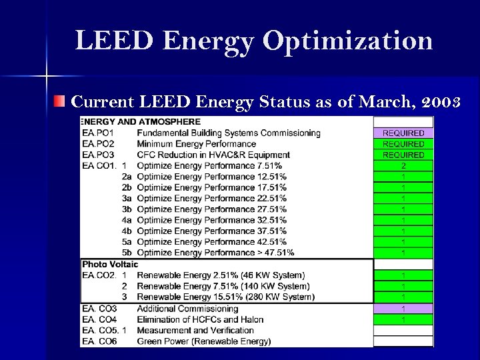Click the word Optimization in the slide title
(x=347, y=41)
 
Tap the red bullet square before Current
(x=61, y=102)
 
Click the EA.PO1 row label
(x=98, y=133)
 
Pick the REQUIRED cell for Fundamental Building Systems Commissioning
(x=403, y=133)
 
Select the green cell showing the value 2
(x=403, y=165)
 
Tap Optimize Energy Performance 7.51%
(x=209, y=165)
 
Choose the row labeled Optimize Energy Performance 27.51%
(x=211, y=209)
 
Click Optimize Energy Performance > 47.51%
(x=215, y=253)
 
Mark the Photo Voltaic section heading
(x=110, y=265)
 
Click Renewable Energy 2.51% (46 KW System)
(x=221, y=275)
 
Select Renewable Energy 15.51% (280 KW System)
(x=225, y=297)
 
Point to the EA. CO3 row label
(x=99, y=309)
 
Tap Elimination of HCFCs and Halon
(x=200, y=319)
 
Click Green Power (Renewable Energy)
(x=203, y=341)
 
